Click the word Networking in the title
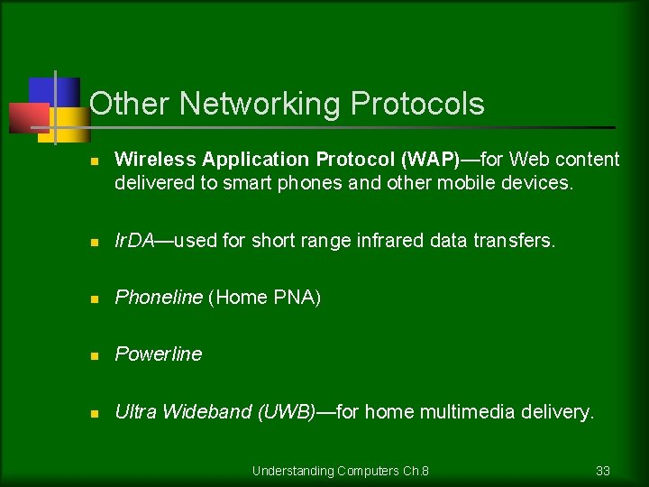click(262, 105)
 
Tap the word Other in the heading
click(131, 105)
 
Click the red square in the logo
click(27, 117)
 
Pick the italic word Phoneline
click(159, 298)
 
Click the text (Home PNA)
click(264, 298)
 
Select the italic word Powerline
click(159, 354)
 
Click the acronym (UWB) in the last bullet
click(287, 412)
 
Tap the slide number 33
click(603, 471)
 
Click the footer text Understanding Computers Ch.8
click(340, 471)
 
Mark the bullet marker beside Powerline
click(94, 356)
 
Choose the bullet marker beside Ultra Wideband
click(94, 414)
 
